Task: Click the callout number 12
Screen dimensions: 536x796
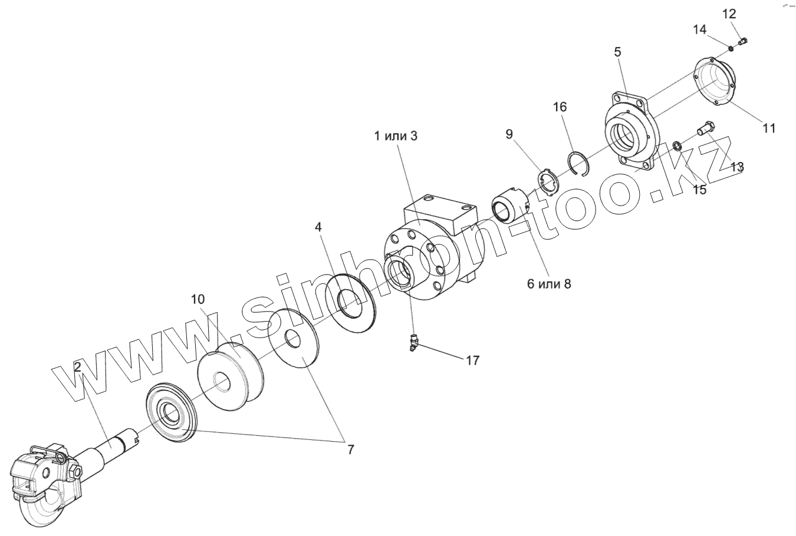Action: [729, 14]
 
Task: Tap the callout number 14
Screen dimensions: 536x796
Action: [699, 29]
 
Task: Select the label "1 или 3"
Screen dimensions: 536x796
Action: [396, 136]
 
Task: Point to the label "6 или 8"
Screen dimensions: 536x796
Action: [549, 283]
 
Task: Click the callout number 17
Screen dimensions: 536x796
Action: [473, 360]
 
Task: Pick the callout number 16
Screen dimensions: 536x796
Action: [560, 107]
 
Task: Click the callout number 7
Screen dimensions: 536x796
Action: [350, 449]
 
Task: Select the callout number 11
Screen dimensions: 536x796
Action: [769, 128]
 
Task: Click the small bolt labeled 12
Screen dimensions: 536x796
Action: [744, 41]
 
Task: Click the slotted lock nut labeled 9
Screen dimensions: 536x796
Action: [549, 180]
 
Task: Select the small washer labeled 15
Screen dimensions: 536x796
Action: [678, 145]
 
